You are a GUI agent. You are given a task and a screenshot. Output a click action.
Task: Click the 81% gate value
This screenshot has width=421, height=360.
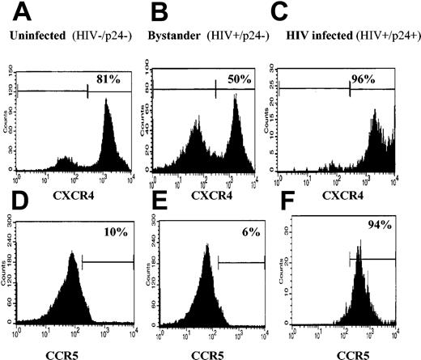point(99,80)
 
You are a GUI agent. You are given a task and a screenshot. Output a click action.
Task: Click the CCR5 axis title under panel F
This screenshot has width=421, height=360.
point(341,353)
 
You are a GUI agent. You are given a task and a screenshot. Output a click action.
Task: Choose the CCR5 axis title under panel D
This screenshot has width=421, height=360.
point(71,353)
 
